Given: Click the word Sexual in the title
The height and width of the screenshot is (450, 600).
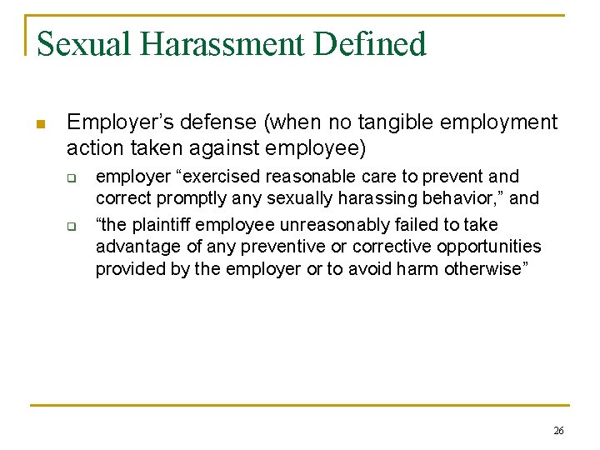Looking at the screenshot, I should point(78,44).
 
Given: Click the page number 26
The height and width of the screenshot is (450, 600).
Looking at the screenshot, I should point(557,431).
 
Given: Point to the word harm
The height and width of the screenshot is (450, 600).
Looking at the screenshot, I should point(428,269).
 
